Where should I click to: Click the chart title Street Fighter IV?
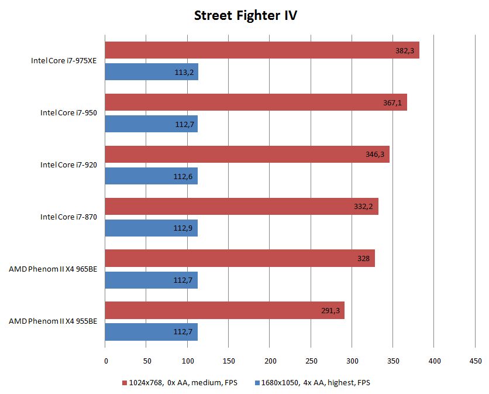coord(245,15)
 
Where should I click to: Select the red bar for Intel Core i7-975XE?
coord(262,50)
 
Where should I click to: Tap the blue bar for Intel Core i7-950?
coord(151,124)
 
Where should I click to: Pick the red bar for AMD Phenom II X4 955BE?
coord(225,310)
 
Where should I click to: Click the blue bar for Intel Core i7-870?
coord(151,228)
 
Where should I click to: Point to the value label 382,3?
coord(405,51)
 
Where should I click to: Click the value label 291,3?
coord(331,311)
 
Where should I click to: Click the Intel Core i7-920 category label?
coord(68,165)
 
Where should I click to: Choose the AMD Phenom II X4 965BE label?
coord(53,269)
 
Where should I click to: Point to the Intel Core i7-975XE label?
coord(64,60)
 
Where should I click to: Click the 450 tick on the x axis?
coord(475,361)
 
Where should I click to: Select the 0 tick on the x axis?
coord(105,361)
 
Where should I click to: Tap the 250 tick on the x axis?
coord(311,361)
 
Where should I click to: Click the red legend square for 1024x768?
coord(125,383)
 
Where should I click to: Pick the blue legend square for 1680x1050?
coord(257,383)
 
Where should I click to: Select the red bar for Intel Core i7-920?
coord(247,155)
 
